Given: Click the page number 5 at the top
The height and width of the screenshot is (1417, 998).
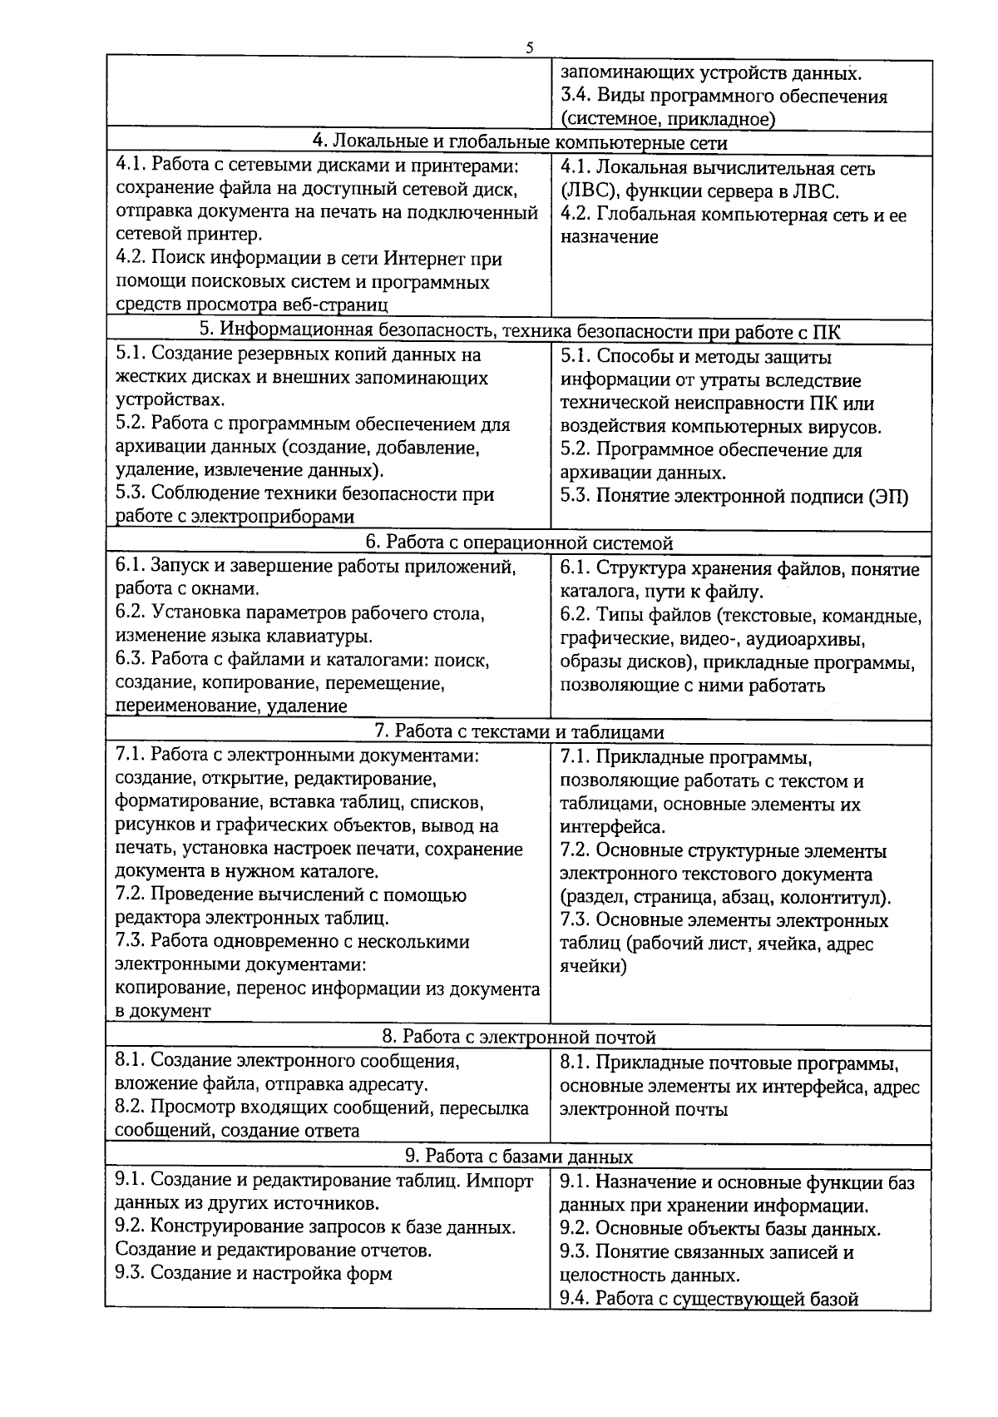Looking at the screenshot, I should pos(529,47).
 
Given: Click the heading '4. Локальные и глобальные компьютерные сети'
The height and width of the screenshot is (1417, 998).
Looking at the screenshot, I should pos(519,143).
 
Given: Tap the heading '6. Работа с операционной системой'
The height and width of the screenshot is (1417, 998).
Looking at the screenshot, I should pos(519,543).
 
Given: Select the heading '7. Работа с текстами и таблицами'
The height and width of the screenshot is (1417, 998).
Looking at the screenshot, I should pos(519,731).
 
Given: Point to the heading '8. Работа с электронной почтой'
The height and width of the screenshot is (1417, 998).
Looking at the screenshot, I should pos(519,1037).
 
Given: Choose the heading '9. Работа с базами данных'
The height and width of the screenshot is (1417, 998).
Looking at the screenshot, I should pos(519,1157).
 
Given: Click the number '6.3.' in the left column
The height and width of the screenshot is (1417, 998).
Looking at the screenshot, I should pos(131,660).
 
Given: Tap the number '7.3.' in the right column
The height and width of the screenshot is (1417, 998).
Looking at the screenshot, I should pos(575,920).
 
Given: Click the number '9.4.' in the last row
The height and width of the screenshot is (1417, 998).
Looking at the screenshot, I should pos(575,1298).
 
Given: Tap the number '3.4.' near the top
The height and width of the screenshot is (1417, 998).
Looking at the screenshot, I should pos(575,96).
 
